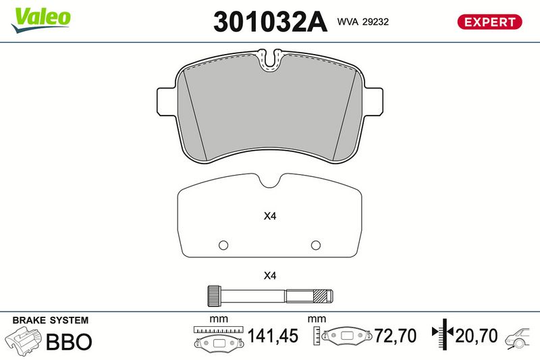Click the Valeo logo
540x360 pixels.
pos(40,20)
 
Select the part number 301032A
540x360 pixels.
pos(270,22)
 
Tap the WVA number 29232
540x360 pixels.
pos(375,22)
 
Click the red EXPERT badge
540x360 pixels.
pos(489,22)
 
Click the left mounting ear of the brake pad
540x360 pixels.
pos(167,101)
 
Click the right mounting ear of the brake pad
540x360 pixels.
pos(373,102)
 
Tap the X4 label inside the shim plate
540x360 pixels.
pos(270,216)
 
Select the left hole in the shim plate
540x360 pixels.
pos(223,245)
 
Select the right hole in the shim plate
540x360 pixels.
pos(316,245)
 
